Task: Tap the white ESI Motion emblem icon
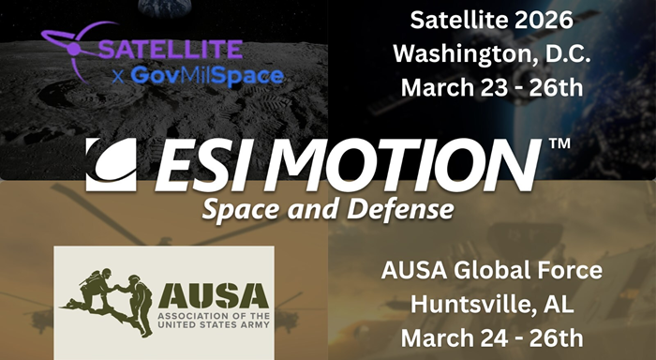tap(111, 165)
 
